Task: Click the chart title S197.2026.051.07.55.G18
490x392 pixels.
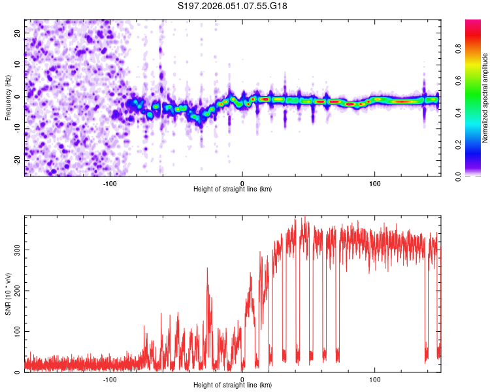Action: pos(233,7)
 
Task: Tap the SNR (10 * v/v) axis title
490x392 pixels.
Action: pos(8,294)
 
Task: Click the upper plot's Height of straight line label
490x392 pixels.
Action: pos(233,189)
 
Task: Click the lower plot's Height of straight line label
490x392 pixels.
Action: pos(233,385)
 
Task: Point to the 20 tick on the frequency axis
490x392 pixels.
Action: pos(18,33)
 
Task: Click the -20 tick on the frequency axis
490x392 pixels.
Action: pos(18,160)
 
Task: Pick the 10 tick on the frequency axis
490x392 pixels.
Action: pos(18,65)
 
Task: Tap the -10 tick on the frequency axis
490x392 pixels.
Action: pos(18,128)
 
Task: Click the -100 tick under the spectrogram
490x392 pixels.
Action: pos(110,183)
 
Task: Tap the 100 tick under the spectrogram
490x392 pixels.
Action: pos(375,183)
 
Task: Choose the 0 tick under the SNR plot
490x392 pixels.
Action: pos(242,379)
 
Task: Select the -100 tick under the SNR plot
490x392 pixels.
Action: pos(110,379)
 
